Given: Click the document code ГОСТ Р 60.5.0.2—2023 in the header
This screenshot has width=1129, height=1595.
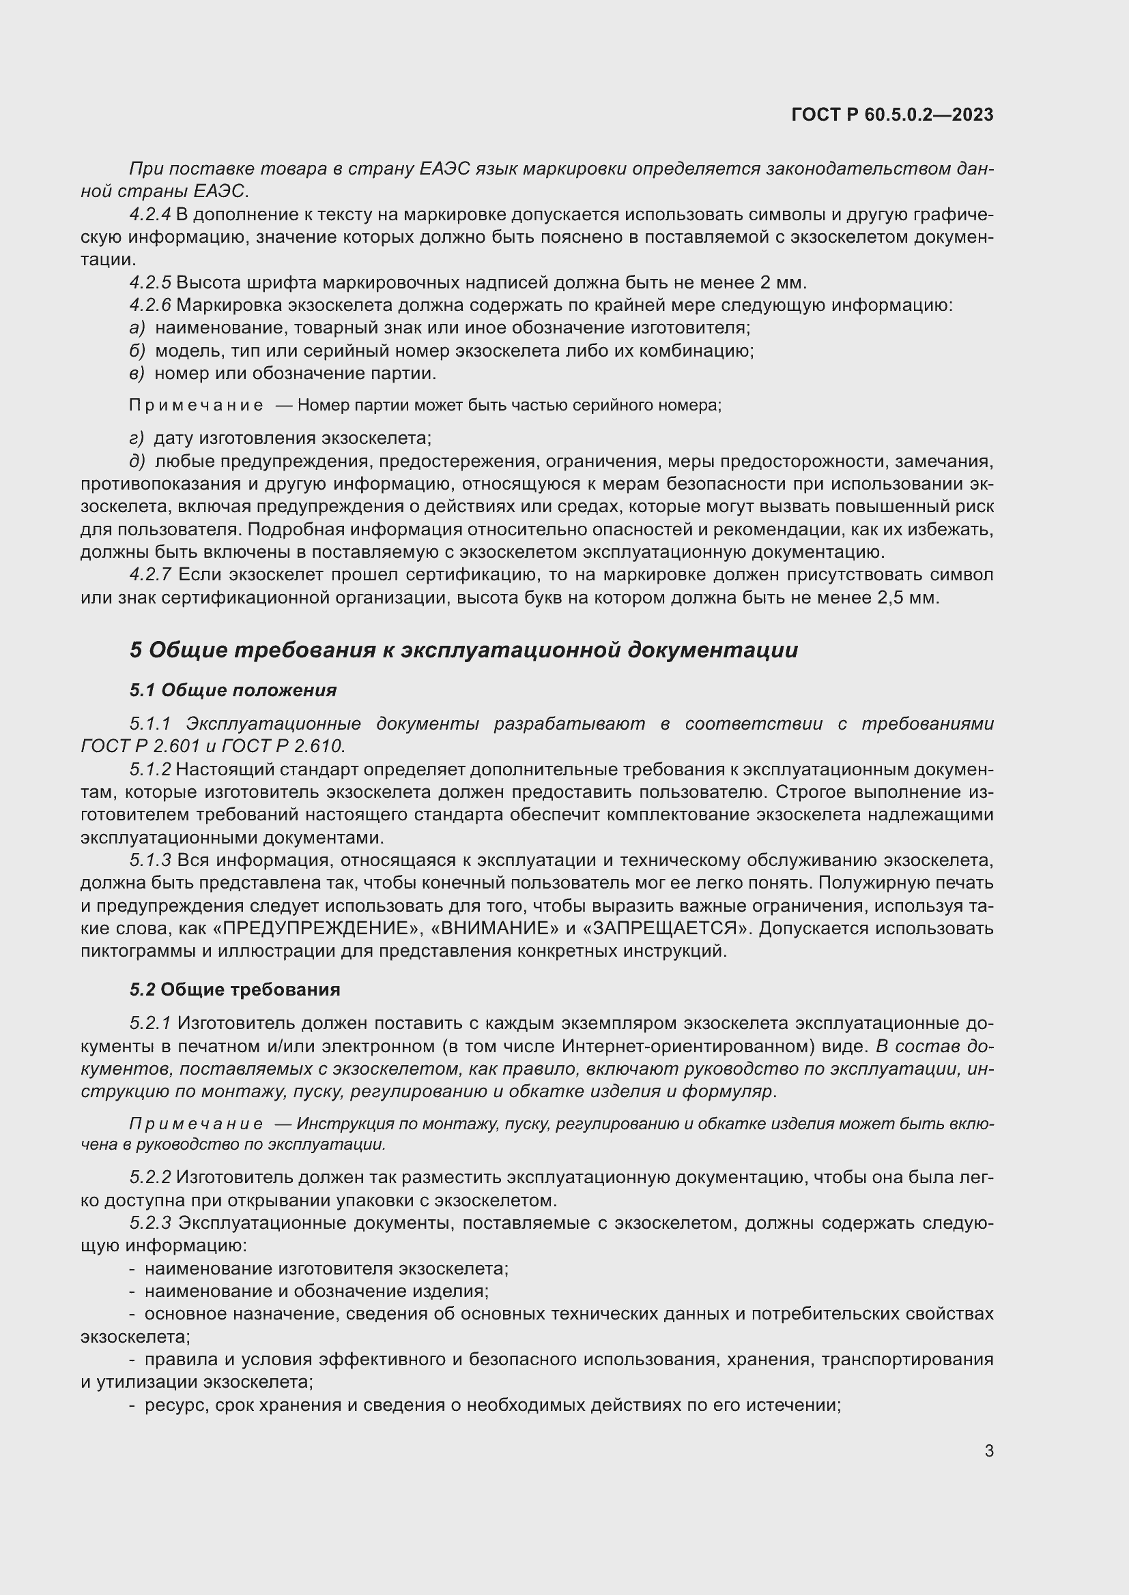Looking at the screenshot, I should (892, 115).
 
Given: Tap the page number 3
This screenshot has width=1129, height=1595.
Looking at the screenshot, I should (988, 1450).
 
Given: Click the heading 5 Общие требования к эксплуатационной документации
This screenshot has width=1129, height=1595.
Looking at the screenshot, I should (463, 651).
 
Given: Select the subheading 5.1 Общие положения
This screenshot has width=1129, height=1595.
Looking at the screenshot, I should (233, 690).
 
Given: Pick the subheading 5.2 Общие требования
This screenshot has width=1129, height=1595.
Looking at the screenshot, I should (234, 989).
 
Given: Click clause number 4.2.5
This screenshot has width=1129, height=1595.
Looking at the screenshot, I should (149, 283).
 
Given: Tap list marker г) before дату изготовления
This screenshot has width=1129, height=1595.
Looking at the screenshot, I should (137, 438).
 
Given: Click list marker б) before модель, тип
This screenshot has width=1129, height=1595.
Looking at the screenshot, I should (137, 351).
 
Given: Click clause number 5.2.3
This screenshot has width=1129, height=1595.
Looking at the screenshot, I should (149, 1223).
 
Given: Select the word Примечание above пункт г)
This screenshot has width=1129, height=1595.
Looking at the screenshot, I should (196, 405).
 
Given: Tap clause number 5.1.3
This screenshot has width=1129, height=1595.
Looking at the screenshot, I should (149, 860).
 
